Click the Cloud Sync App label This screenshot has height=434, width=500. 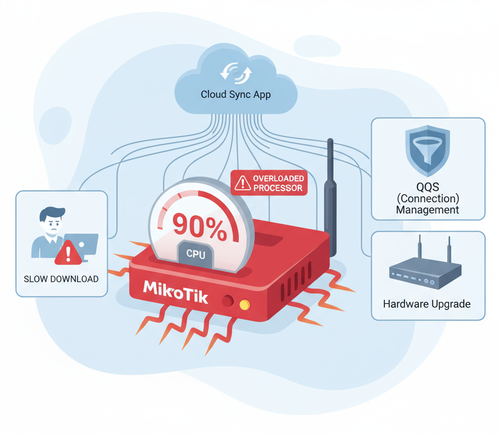(x=236, y=95)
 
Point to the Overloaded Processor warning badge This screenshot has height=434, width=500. (x=269, y=183)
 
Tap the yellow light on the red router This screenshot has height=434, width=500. (x=245, y=304)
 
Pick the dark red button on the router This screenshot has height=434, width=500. (x=228, y=301)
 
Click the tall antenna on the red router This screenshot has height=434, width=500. (x=330, y=198)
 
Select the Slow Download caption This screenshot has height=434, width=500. (x=61, y=279)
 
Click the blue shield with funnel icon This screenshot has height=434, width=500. (x=427, y=150)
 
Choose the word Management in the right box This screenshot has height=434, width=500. (x=427, y=210)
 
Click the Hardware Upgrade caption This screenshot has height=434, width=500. (x=427, y=304)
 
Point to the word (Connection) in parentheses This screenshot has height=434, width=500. (x=427, y=198)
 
